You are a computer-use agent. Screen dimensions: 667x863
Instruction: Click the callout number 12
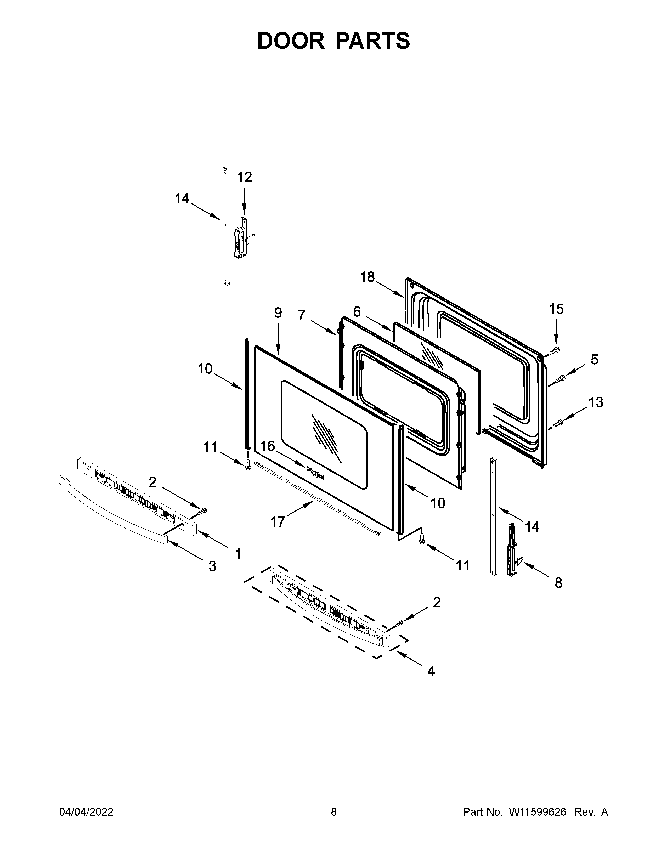(x=245, y=177)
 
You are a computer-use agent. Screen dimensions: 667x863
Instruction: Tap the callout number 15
(x=556, y=309)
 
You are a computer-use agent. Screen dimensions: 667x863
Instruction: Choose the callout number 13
(x=596, y=402)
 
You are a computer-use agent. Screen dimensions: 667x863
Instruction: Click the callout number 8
(x=558, y=583)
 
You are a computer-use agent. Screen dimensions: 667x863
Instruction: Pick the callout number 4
(x=431, y=671)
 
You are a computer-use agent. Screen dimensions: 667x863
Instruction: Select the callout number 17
(x=278, y=522)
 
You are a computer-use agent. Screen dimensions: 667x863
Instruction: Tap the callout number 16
(x=268, y=446)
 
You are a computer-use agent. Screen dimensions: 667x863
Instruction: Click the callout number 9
(x=278, y=313)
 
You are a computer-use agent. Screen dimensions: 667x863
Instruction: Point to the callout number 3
(x=213, y=566)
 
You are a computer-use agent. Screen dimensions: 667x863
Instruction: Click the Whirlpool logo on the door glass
(x=315, y=473)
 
